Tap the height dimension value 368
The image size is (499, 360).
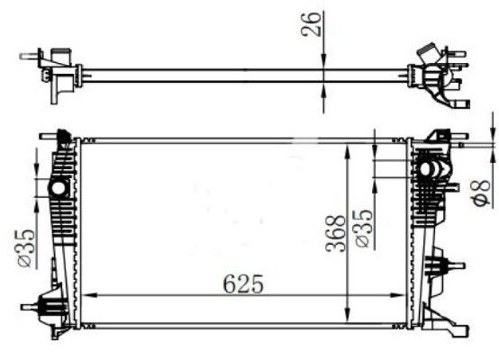[x=335, y=231]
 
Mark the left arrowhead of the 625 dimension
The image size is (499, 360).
[x=91, y=295]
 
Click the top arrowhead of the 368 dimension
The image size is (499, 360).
[x=349, y=146]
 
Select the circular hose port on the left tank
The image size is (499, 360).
[x=59, y=188]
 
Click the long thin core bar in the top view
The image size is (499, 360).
[x=243, y=74]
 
